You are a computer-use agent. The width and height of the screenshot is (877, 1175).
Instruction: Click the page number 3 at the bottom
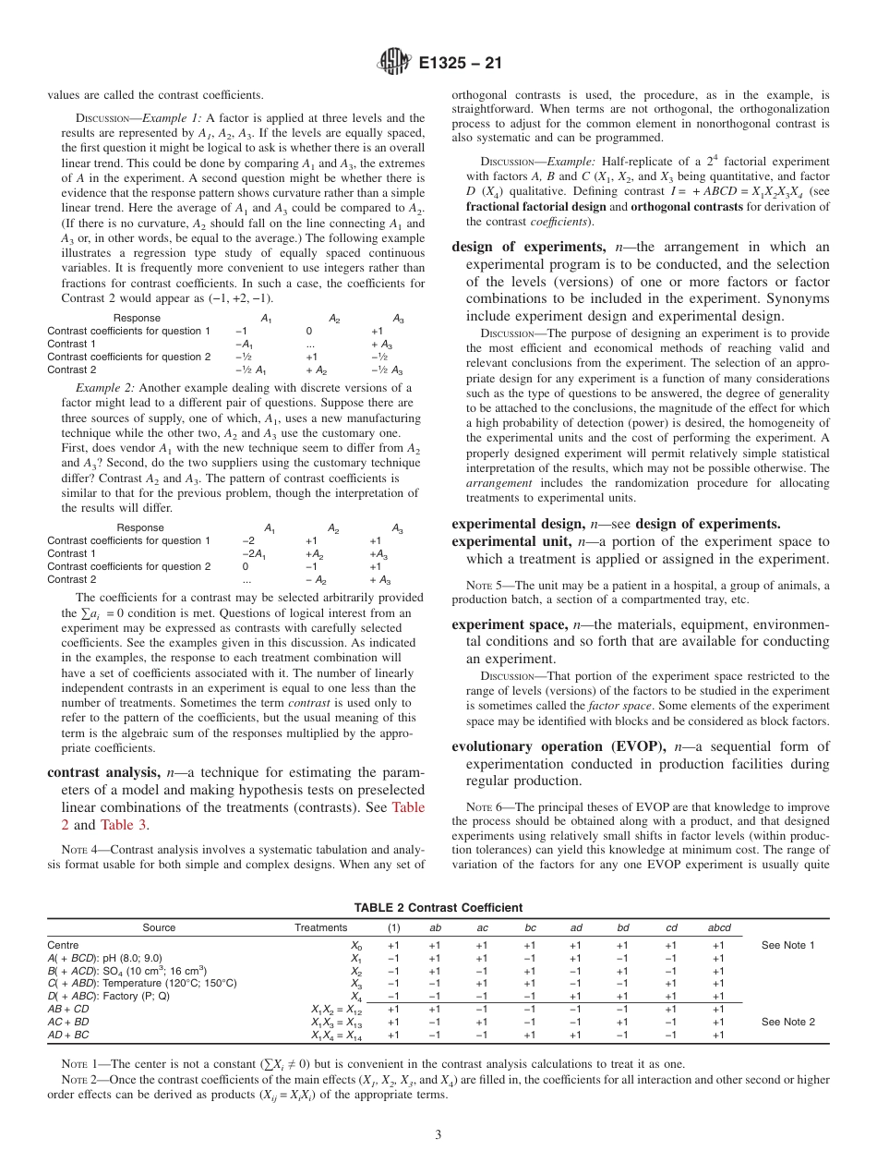coord(438,1134)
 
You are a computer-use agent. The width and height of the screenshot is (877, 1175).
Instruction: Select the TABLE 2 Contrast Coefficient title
coord(438,908)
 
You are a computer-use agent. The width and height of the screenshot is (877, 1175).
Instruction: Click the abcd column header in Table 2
coord(718,927)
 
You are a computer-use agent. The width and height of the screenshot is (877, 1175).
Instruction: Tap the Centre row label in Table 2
coord(63,946)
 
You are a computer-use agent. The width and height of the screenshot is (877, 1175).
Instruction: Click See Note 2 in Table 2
coord(787,1023)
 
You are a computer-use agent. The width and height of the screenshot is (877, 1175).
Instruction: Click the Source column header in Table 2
coord(159,927)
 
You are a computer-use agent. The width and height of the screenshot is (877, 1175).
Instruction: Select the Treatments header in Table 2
coord(320,927)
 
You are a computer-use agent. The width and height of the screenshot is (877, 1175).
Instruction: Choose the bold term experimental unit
coord(511,541)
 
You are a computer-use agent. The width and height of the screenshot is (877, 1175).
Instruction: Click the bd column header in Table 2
coord(622,927)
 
